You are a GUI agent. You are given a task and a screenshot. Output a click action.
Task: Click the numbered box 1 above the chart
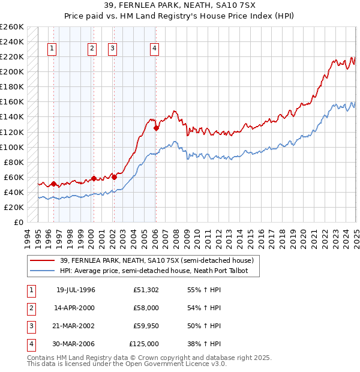52,49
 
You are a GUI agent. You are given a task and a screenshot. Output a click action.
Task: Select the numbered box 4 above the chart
155,49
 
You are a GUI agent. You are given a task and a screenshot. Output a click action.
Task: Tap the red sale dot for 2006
156,128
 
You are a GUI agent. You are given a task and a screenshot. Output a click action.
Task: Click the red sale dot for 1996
53,184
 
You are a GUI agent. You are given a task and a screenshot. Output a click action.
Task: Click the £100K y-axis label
12,147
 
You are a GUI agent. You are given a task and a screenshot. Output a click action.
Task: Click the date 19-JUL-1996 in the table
76,290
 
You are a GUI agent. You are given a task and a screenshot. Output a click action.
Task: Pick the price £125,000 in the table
144,344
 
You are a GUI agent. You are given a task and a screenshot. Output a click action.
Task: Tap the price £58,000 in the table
146,308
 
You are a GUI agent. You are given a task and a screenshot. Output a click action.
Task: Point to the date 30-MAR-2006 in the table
76,344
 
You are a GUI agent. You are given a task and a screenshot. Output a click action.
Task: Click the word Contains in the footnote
40,358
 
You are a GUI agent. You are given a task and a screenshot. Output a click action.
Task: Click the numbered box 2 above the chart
92,49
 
